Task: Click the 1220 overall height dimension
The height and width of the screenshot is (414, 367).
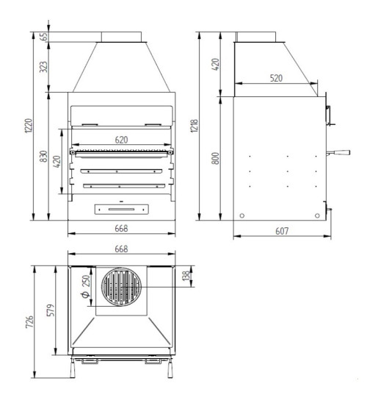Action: (29, 126)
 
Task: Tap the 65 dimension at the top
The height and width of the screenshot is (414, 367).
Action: (44, 37)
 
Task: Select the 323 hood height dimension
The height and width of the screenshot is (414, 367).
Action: (43, 67)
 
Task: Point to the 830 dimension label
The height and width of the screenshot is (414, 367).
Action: (44, 157)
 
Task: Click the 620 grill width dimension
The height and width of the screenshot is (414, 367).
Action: (121, 140)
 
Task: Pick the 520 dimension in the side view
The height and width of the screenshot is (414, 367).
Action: (276, 78)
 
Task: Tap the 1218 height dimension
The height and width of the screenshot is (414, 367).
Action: (195, 126)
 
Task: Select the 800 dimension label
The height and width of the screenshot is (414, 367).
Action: (215, 158)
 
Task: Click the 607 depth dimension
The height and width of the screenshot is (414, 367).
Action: (282, 232)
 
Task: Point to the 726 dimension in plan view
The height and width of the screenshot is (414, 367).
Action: (29, 321)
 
